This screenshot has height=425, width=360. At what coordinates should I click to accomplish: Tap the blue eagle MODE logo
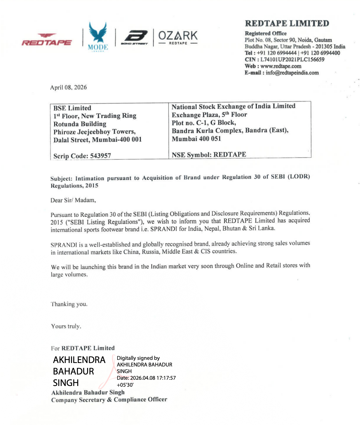(x=98, y=36)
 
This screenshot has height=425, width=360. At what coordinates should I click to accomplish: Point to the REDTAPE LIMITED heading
(x=287, y=24)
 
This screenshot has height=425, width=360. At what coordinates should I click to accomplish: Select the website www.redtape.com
(x=281, y=66)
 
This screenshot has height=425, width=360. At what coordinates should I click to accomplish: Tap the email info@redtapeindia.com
(x=292, y=73)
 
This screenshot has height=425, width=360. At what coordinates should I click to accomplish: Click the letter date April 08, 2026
(x=69, y=87)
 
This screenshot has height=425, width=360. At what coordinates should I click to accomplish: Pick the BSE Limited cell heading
(x=72, y=108)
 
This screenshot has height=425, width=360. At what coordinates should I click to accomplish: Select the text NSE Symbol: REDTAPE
(x=209, y=154)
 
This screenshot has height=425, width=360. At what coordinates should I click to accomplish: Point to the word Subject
(x=61, y=178)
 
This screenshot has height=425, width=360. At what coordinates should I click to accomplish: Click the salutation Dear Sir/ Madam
(x=73, y=200)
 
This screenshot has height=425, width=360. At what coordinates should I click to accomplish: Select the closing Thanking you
(x=69, y=304)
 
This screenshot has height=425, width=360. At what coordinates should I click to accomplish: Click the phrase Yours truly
(x=66, y=326)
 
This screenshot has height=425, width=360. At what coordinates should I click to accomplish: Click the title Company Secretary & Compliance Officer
(x=109, y=400)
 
